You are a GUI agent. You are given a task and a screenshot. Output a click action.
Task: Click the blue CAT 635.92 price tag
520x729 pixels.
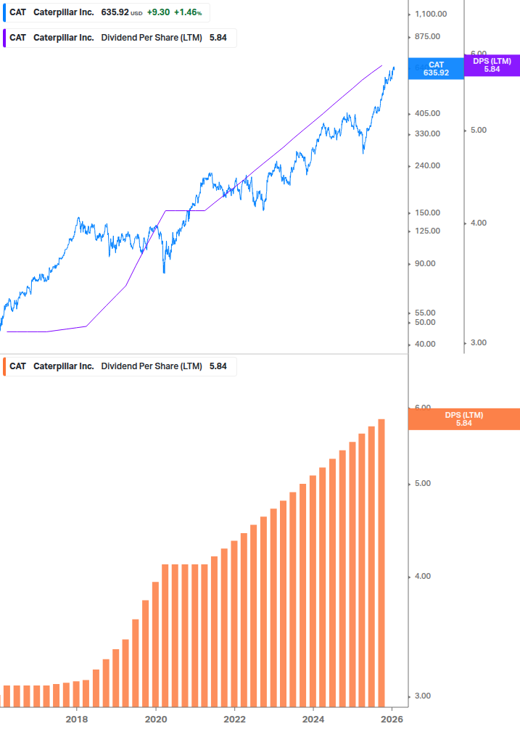coord(436,68)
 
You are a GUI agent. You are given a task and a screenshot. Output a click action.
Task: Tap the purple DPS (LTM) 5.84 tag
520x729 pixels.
coord(492,65)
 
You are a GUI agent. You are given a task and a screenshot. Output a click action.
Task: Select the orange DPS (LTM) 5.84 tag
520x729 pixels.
coord(464,419)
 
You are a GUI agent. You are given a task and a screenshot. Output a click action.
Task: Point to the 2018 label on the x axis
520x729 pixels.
coord(77,719)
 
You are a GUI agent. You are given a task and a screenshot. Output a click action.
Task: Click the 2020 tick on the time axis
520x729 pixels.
coord(156,719)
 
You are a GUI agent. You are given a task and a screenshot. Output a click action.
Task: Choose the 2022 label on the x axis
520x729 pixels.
coord(234,719)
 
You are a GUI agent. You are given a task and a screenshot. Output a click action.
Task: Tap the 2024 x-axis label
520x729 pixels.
coord(313,719)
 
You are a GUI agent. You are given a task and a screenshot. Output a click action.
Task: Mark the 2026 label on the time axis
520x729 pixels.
coord(392,719)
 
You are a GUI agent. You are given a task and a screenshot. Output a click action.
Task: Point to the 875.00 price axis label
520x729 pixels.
coord(429,36)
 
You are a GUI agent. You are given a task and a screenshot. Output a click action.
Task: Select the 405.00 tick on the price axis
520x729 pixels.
coord(429,113)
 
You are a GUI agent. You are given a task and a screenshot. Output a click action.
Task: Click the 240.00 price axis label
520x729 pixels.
coord(429,165)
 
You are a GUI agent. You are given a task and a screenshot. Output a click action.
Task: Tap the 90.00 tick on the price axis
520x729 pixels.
coord(426,263)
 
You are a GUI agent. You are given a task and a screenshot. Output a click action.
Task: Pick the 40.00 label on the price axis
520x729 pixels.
coord(426,344)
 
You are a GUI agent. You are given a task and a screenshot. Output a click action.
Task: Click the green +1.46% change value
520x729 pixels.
coord(188,12)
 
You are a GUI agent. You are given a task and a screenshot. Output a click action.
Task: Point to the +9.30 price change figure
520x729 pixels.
coord(159,12)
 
